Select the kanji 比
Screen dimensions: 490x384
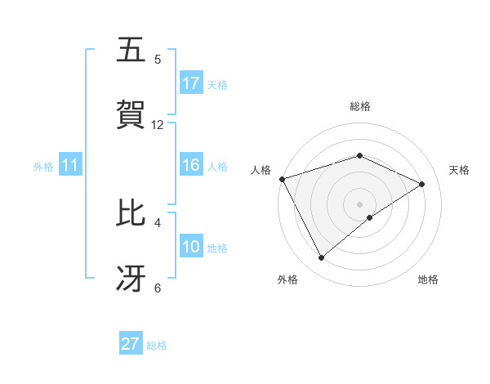coord(131,213)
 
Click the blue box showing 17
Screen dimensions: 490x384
coord(191,83)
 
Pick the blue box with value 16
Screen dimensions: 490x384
coord(191,165)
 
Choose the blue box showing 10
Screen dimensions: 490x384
coord(191,247)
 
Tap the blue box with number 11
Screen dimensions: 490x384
coord(70,165)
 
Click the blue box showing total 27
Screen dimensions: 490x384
coord(131,344)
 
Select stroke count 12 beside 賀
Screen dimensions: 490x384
coord(158,125)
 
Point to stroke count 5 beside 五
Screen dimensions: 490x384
coord(158,60)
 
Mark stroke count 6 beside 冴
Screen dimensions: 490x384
coord(158,288)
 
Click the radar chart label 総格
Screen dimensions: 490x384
coord(359,106)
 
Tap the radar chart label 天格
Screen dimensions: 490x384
coord(459,170)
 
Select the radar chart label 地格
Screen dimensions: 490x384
coord(428,279)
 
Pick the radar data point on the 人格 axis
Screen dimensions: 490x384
coord(282,179)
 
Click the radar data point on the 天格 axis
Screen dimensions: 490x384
coord(422,184)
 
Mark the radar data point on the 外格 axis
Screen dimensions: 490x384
coord(322,258)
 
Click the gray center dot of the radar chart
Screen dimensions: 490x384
coord(359,203)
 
